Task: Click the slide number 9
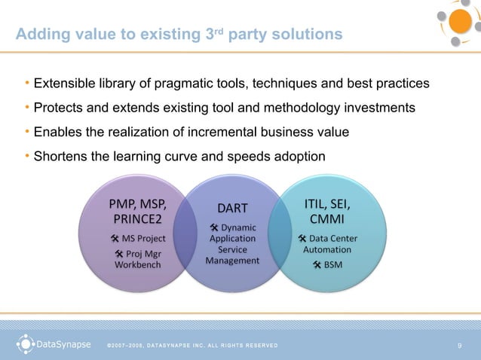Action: click(459, 346)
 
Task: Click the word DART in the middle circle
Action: click(232, 208)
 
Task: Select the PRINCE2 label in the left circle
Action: click(138, 219)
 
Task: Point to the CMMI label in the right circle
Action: click(326, 219)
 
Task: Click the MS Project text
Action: click(143, 238)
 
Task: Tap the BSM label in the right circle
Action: click(333, 264)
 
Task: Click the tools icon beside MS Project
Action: click(115, 238)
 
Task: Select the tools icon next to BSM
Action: click(317, 264)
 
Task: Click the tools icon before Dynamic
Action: click(214, 227)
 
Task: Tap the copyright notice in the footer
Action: click(192, 346)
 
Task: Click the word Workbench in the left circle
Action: click(138, 265)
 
